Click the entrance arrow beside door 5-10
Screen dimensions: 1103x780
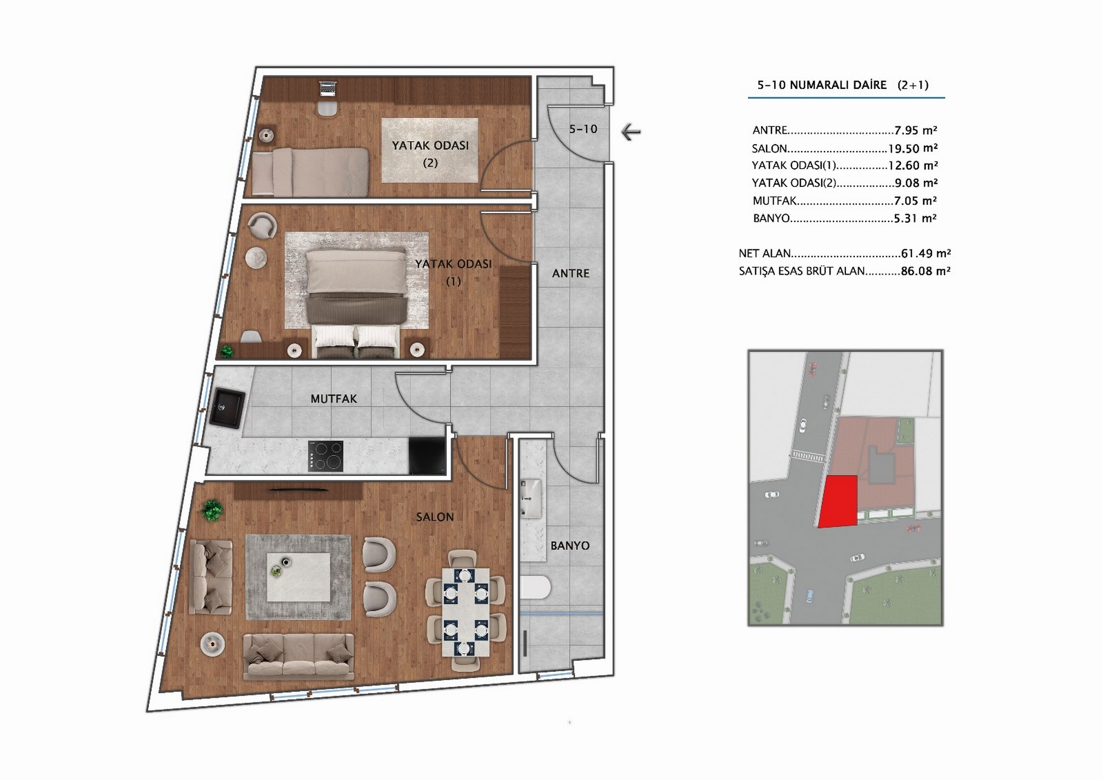[x=631, y=132]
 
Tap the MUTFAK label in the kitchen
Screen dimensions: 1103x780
[x=334, y=398]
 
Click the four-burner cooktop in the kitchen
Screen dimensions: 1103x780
[x=326, y=456]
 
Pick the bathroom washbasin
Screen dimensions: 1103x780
[x=531, y=499]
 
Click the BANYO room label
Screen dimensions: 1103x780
[x=570, y=546]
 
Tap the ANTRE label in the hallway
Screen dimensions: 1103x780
[x=571, y=273]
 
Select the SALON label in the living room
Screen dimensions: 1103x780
[x=435, y=517]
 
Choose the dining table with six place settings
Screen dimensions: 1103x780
[x=465, y=612]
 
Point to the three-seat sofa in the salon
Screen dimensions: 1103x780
[x=298, y=656]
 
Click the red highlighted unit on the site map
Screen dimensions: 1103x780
[x=838, y=501]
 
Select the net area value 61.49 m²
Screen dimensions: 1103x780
[x=926, y=253]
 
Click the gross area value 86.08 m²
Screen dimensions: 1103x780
[x=926, y=271]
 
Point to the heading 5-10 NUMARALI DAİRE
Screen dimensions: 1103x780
[x=822, y=85]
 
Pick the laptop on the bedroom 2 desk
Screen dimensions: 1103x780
[x=328, y=88]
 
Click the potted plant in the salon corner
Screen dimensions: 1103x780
[x=212, y=511]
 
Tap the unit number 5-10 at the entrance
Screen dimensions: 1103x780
[x=583, y=129]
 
